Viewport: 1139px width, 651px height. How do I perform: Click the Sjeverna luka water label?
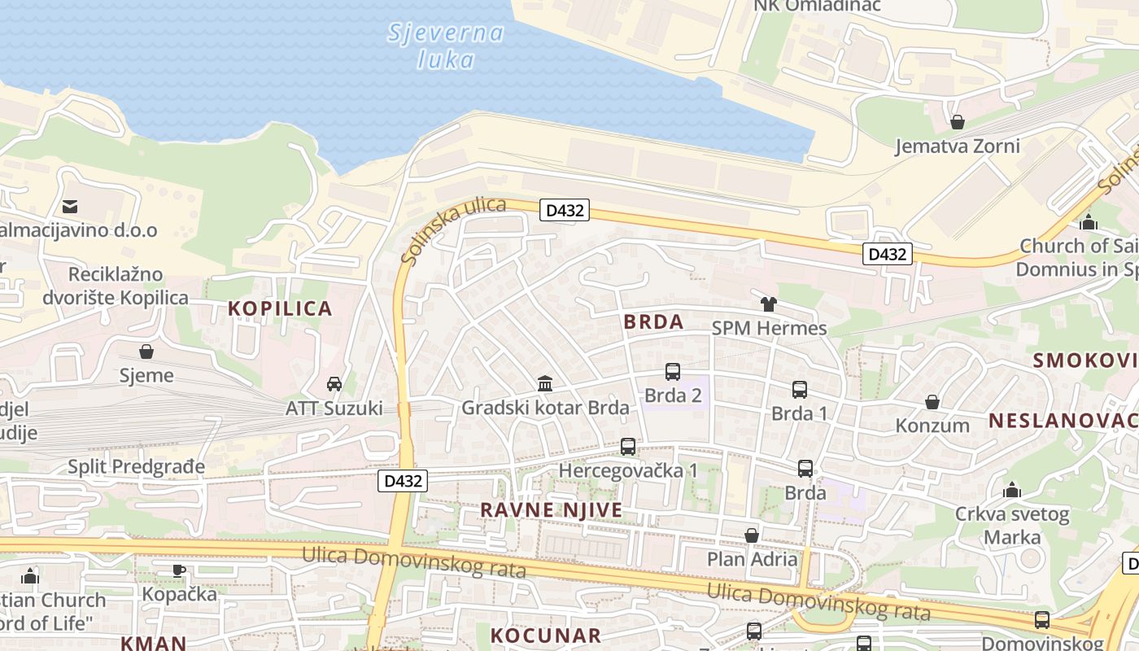pos(445,46)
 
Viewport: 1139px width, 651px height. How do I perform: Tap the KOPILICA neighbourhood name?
pos(280,308)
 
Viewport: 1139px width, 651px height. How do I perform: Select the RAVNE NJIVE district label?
pos(551,510)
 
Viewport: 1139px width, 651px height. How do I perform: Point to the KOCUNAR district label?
pos(546,636)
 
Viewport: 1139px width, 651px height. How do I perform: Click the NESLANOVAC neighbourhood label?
pos(1063,421)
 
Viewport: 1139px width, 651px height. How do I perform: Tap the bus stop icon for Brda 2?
pos(673,372)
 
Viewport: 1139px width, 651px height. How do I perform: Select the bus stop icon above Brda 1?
pos(800,390)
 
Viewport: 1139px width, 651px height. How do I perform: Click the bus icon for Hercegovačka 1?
pos(628,447)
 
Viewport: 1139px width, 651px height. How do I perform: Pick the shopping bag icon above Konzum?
pos(932,402)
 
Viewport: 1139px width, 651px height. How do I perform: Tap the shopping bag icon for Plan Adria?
pos(752,535)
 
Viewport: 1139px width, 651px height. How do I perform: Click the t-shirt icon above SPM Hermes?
pos(768,304)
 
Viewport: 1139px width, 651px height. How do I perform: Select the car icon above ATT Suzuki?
pos(334,384)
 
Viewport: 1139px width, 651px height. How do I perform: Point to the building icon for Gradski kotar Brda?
pos(545,383)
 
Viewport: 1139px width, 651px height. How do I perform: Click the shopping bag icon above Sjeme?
pos(146,352)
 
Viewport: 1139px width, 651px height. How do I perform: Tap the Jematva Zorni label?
pos(957,146)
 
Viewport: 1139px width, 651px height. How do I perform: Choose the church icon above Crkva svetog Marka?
pos(1012,490)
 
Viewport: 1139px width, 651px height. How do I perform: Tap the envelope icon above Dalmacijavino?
pos(70,207)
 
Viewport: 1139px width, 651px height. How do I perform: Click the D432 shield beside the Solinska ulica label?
pos(565,211)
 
